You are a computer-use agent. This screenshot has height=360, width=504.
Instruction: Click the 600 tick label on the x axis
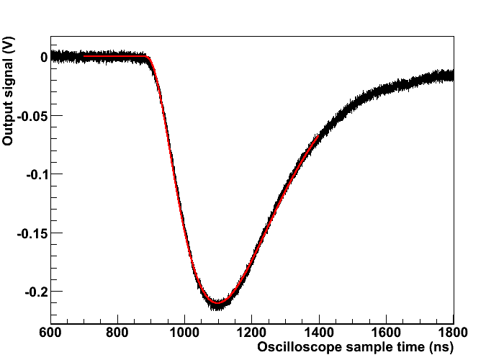tap(50, 334)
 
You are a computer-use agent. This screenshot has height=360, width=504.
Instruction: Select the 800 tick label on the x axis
tap(117, 334)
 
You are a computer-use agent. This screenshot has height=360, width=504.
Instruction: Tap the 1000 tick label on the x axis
tap(184, 334)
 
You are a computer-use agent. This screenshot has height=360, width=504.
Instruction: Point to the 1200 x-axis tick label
tap(252, 334)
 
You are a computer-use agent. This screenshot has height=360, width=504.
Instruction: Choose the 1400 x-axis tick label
tap(319, 334)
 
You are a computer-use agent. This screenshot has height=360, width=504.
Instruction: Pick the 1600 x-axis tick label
tap(386, 334)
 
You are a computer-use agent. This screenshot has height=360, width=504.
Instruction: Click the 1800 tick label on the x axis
tap(453, 334)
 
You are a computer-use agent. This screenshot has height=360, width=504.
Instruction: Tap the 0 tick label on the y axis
tap(44, 57)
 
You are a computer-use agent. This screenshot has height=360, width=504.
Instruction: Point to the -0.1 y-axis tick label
tap(37, 174)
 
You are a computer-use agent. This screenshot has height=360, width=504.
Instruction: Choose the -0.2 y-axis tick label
tap(37, 292)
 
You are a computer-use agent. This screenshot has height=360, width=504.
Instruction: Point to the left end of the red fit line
tap(84, 56)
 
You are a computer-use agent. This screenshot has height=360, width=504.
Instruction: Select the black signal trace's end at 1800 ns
tap(453, 74)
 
